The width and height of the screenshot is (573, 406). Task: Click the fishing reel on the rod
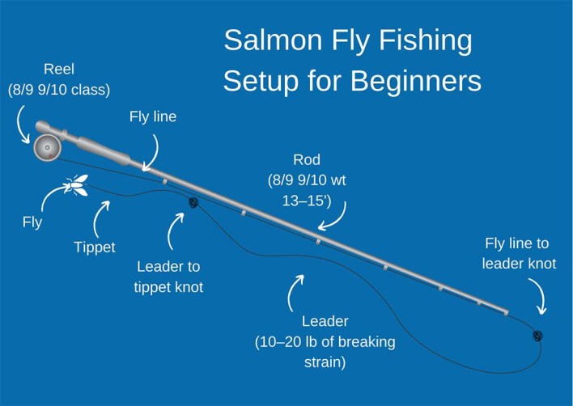point(45,148)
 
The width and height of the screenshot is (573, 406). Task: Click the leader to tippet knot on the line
point(193,203)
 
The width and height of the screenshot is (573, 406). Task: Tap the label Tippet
point(93,247)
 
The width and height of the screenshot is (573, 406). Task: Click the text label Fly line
point(152,116)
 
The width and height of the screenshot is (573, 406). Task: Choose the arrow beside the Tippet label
point(103,217)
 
